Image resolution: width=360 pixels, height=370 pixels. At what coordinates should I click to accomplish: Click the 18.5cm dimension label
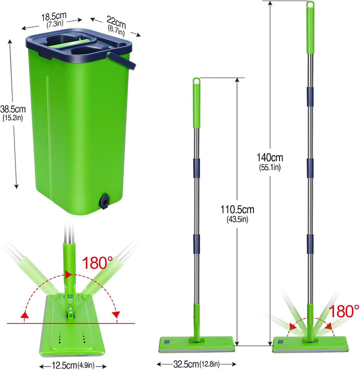pos(54,16)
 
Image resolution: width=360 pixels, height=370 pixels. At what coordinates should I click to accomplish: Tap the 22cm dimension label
pos(116,21)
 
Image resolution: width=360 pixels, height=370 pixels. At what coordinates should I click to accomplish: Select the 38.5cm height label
pos(13,109)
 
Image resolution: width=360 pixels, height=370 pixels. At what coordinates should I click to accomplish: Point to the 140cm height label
pos(270,157)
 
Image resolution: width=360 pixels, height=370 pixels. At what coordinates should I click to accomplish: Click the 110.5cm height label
pos(237,210)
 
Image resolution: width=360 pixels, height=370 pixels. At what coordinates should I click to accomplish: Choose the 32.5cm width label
pos(186,364)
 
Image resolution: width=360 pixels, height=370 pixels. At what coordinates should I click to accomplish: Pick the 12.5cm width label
pos(64,366)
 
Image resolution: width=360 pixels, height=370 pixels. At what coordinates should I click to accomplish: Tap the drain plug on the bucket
pos(104,201)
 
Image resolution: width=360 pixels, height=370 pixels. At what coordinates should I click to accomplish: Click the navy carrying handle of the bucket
pos(121,61)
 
